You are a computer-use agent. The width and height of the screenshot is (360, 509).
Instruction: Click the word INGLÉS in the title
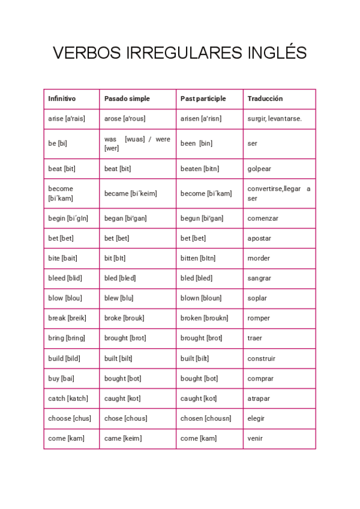(x=277, y=53)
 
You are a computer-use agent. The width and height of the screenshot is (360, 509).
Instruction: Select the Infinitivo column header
(x=62, y=98)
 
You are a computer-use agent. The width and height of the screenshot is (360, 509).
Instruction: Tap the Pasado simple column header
(x=127, y=98)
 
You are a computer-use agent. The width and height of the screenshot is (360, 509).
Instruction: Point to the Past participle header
(x=203, y=98)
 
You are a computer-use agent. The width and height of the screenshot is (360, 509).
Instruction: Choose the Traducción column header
(x=265, y=98)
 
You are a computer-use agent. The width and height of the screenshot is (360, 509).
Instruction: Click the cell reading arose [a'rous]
(x=125, y=119)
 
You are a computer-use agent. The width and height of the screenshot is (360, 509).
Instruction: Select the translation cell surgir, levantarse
(x=275, y=119)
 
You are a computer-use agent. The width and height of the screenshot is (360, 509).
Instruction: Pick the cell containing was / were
(x=137, y=143)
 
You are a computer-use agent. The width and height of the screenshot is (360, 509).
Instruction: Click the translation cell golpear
(x=259, y=169)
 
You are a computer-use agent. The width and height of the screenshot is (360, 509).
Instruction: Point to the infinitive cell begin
(x=68, y=218)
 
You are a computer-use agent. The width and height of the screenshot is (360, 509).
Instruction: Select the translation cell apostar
(x=259, y=238)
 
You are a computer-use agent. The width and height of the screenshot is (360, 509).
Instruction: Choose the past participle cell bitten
(x=198, y=258)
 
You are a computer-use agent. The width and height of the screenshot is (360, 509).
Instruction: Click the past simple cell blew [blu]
(x=119, y=298)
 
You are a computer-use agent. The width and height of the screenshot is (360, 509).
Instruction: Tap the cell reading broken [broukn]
(x=204, y=318)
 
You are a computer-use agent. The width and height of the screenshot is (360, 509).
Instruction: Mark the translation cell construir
(x=262, y=358)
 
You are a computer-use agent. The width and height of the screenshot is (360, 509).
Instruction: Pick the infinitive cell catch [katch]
(x=68, y=399)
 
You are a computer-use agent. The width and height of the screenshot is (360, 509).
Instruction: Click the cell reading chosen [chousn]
(x=206, y=418)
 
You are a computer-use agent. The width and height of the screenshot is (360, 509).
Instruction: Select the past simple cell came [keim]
(x=123, y=438)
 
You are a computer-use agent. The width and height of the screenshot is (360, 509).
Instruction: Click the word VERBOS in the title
(x=88, y=53)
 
